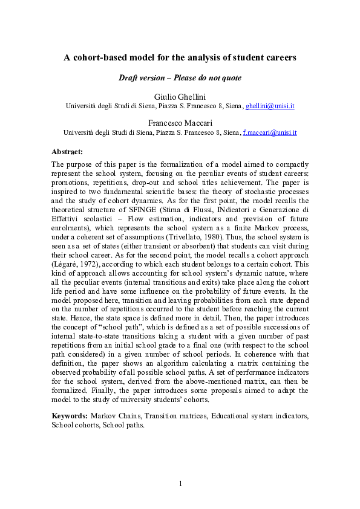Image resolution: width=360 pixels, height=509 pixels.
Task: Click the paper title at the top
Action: coord(180,58)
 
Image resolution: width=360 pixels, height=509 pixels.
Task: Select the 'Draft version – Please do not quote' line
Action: coord(180,78)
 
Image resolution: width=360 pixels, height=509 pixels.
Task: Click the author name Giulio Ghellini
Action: coord(180,97)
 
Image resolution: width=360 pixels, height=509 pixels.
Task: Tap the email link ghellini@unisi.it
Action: coord(270,106)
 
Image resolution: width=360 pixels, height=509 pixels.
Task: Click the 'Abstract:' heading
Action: coord(67,151)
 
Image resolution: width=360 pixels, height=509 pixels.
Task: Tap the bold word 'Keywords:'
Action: coord(70,417)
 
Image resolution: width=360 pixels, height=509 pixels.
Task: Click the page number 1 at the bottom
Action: coord(180,484)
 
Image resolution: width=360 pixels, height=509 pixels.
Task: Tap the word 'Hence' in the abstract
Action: coord(62,324)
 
